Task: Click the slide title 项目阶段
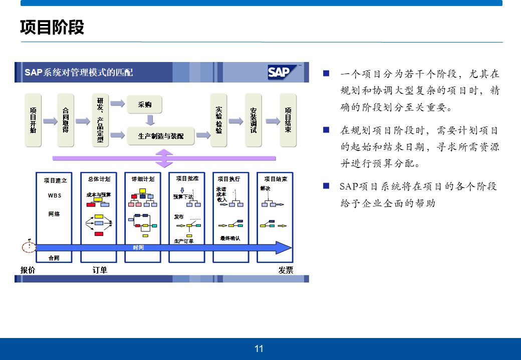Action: [52, 27]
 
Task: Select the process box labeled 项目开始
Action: [33, 120]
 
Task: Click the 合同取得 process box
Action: [65, 120]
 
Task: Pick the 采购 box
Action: [145, 104]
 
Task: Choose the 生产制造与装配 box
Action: [160, 135]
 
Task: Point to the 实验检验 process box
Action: [219, 120]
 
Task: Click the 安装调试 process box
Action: [253, 120]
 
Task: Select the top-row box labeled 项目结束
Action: [288, 120]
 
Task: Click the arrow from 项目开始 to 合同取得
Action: [50, 121]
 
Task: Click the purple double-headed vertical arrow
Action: [164, 158]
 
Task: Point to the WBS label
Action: [55, 195]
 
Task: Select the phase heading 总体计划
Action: [99, 179]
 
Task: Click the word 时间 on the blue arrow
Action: [138, 247]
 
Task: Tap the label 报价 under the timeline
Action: [28, 270]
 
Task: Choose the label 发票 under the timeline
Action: [286, 270]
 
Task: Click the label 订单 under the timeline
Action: [100, 270]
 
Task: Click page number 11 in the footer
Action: [259, 348]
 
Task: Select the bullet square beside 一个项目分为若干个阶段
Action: [326, 73]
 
